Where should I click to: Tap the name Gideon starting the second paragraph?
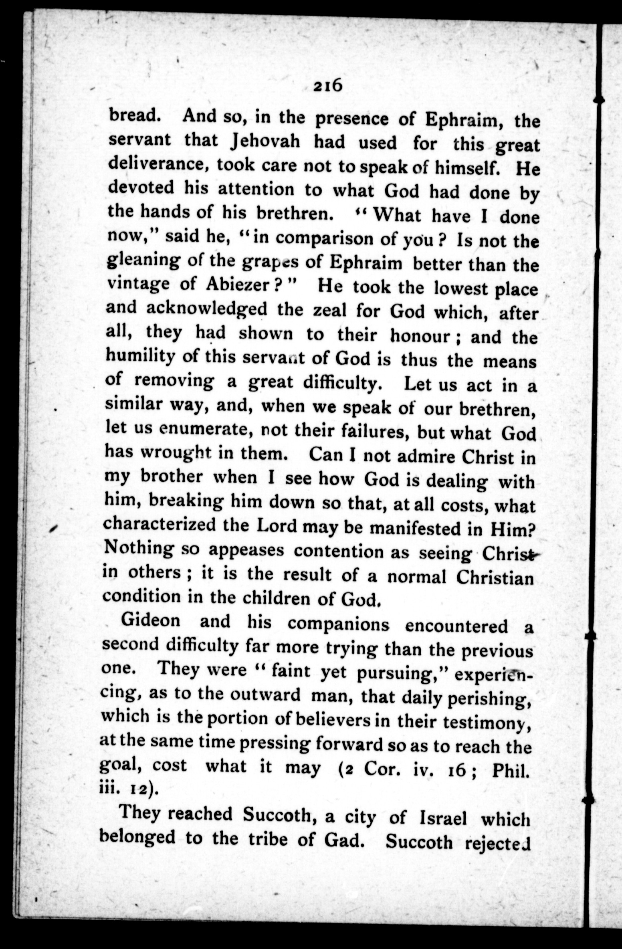pyautogui.click(x=151, y=620)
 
